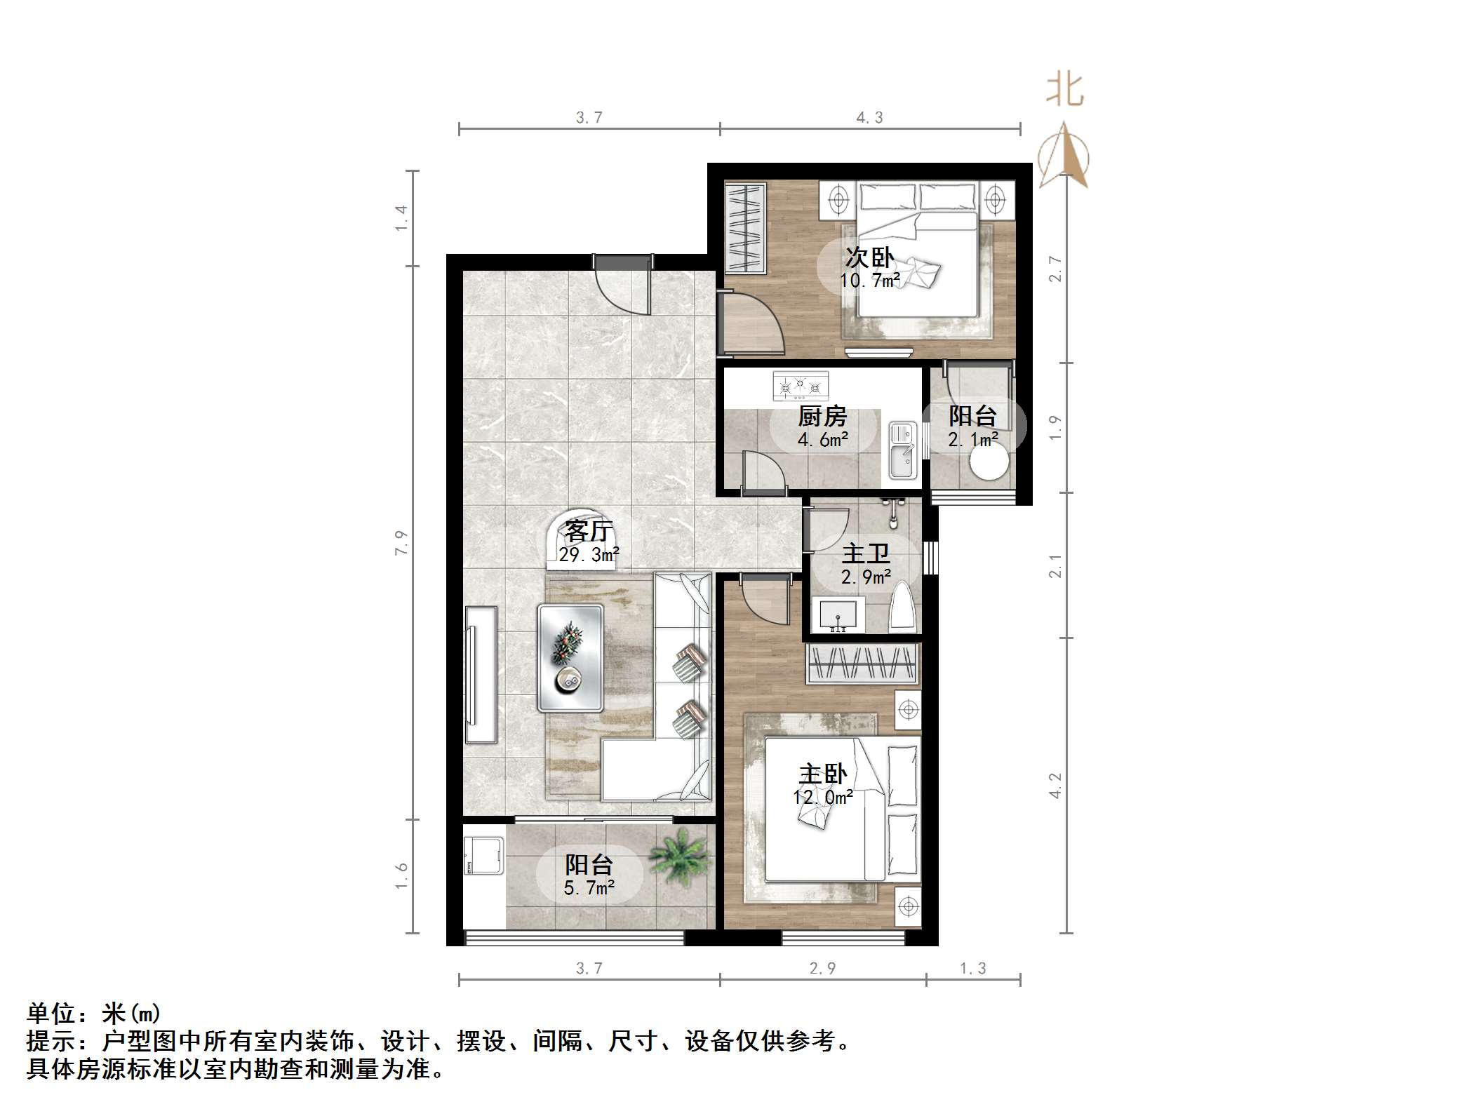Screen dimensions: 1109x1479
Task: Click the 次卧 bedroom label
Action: coord(869,258)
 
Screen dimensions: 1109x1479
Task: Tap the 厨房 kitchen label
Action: coord(822,417)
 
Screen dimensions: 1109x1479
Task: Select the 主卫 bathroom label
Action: coord(866,554)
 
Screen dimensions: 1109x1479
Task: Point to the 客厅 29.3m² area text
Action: coord(589,555)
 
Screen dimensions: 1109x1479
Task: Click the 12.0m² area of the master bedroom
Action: coord(823,798)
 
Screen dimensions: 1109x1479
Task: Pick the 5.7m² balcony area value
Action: coord(589,889)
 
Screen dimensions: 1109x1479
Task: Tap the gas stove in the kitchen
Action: coord(801,386)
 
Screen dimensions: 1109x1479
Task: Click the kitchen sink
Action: coord(902,450)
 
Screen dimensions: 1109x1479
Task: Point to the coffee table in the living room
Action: coord(570,657)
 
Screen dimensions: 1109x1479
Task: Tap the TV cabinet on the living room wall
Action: coord(481,674)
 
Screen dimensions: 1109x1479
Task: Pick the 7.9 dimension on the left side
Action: coord(401,543)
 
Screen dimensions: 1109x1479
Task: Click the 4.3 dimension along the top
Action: coord(869,118)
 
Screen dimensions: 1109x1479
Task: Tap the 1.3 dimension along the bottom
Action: coord(972,969)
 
